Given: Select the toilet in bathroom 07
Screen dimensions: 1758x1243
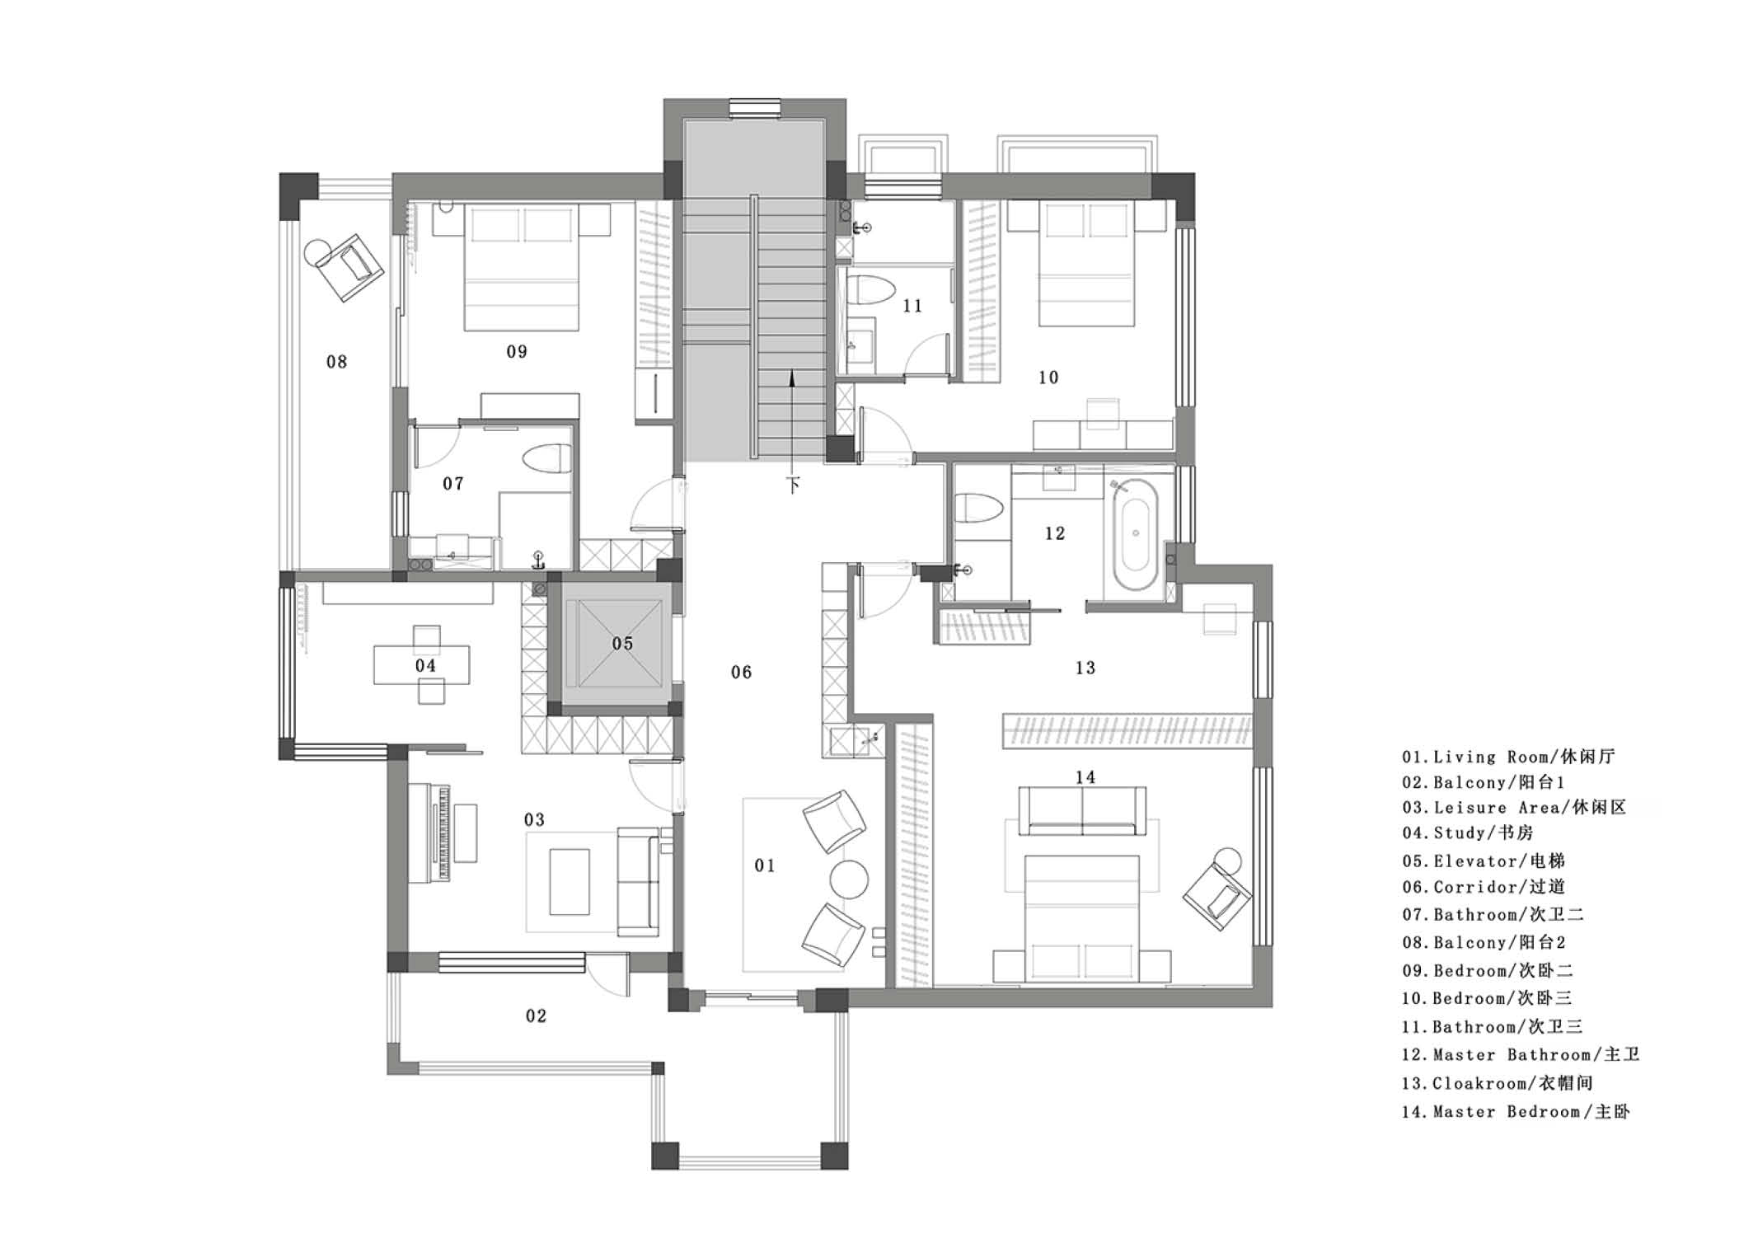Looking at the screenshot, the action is pyautogui.click(x=547, y=459).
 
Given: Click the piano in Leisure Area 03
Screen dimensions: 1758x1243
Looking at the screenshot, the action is pyautogui.click(x=443, y=833).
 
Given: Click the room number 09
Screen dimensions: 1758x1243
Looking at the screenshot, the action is pyautogui.click(x=517, y=352).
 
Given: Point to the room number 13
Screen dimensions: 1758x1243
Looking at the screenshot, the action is pyautogui.click(x=1085, y=668).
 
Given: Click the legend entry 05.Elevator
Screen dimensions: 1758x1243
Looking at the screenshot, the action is pyautogui.click(x=1484, y=861).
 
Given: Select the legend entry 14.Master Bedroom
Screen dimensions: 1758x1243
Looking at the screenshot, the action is pyautogui.click(x=1516, y=1112).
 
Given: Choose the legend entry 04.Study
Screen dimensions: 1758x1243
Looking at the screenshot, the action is pyautogui.click(x=1467, y=833).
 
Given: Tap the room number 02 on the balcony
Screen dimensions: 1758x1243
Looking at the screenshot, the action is pyautogui.click(x=536, y=1016).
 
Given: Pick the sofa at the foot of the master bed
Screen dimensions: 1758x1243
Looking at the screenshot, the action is pyautogui.click(x=1082, y=810).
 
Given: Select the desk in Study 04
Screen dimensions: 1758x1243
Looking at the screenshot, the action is pyautogui.click(x=422, y=665).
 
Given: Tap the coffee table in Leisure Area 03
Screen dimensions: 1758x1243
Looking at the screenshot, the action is pyautogui.click(x=570, y=882).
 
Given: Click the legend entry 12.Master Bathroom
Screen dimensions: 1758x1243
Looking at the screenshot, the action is pyautogui.click(x=1521, y=1055).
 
